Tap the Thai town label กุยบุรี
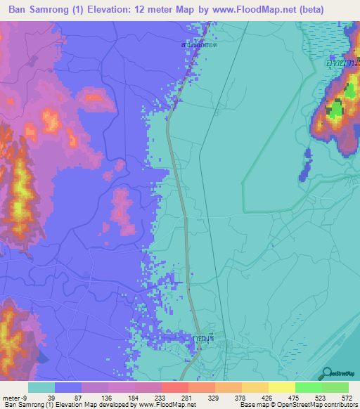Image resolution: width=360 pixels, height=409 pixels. click(x=203, y=337)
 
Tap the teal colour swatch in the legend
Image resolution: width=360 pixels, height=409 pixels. click(x=41, y=387)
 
